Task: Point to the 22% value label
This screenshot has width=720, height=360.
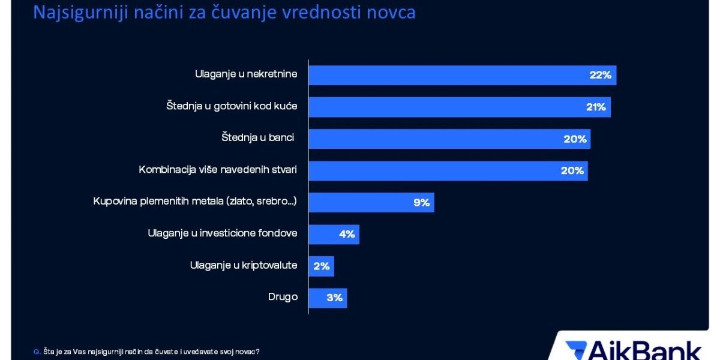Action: pos(599,76)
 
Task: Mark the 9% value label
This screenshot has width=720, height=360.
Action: pos(421,203)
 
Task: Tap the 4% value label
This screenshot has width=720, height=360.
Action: pos(347,234)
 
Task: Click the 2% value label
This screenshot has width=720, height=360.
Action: pos(322,266)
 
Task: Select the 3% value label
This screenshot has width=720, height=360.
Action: pos(334,298)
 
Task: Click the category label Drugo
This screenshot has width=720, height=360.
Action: pos(283,297)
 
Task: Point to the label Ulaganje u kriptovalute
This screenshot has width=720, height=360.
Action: pos(243,265)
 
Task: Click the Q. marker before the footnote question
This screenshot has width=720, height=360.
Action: pos(37,352)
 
